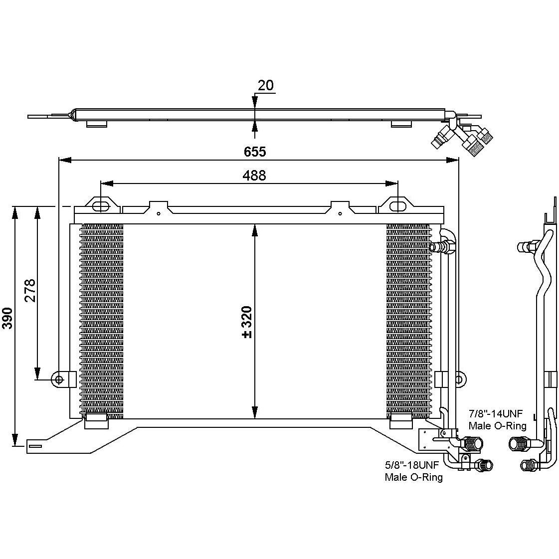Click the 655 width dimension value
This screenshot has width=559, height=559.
click(x=254, y=152)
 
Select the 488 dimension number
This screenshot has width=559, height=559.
click(x=254, y=176)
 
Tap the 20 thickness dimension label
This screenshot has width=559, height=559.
click(x=266, y=85)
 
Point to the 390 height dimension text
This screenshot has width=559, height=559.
click(x=7, y=318)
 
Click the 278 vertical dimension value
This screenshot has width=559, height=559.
click(x=30, y=290)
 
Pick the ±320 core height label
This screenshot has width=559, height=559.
click(x=247, y=322)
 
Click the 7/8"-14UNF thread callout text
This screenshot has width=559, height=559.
click(x=496, y=414)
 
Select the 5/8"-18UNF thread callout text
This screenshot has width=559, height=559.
click(x=412, y=465)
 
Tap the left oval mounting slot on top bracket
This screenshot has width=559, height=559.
click(x=101, y=207)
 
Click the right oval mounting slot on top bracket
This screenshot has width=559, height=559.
click(x=397, y=207)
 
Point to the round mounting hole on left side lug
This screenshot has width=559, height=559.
click(x=58, y=379)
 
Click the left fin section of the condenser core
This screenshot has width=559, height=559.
click(x=101, y=321)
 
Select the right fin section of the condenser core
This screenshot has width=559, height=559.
click(x=408, y=321)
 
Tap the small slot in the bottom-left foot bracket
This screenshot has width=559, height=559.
click(x=35, y=446)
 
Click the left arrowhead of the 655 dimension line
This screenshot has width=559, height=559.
click(x=65, y=161)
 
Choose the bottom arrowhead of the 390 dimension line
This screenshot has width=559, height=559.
click(x=15, y=440)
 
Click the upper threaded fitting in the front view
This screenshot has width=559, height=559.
click(x=442, y=247)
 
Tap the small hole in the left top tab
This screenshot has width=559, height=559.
click(x=159, y=213)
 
